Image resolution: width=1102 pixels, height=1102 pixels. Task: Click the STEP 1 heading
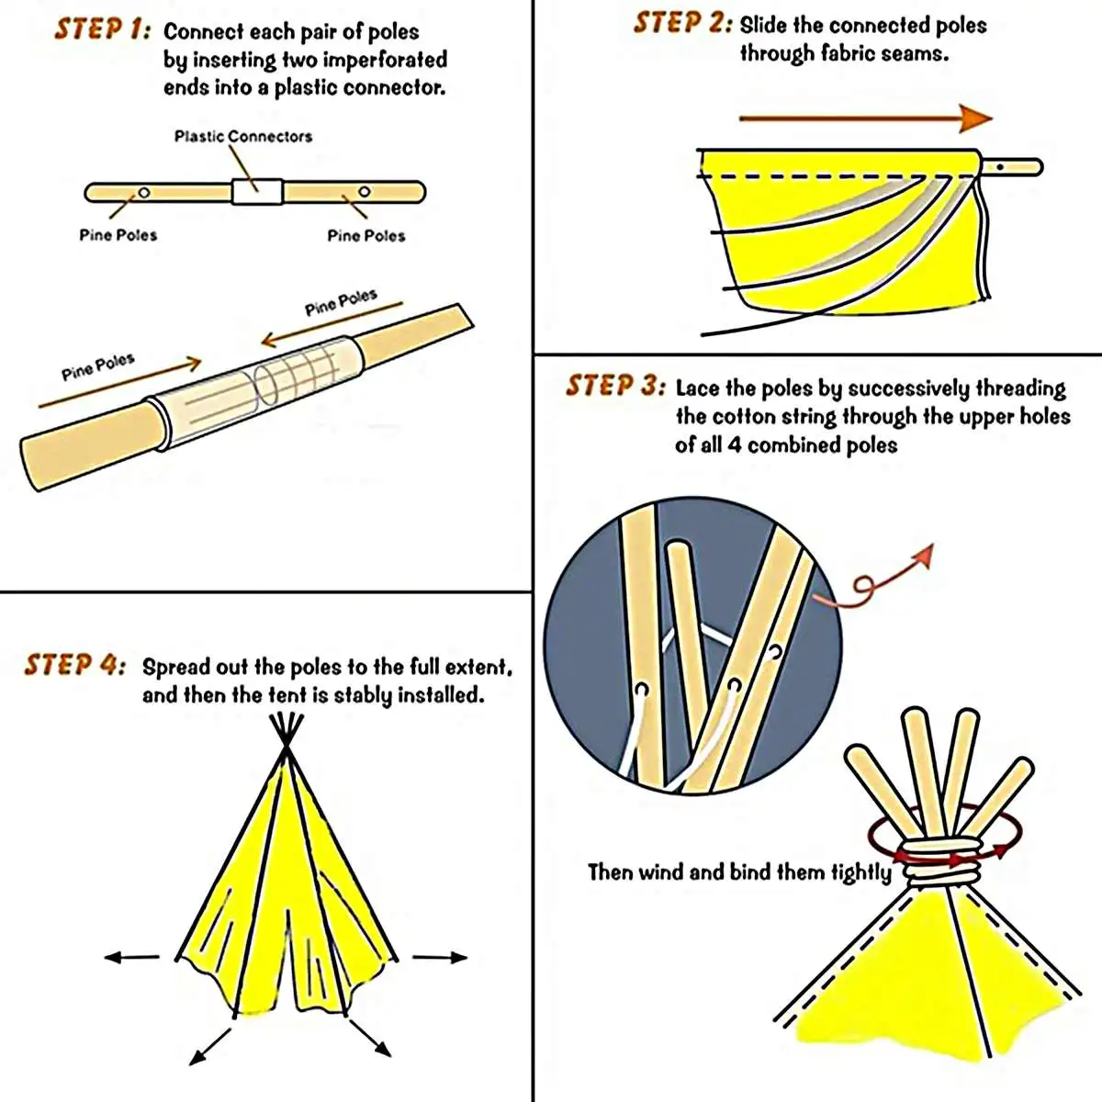pos(102,28)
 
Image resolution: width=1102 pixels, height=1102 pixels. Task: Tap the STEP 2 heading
pos(682,23)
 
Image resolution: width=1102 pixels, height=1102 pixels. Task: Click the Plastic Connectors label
pos(243,137)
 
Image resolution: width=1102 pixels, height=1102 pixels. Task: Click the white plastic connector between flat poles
pos(256,191)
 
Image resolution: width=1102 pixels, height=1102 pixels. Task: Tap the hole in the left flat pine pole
pos(143,192)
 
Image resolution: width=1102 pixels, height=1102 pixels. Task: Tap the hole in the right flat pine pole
pos(364,192)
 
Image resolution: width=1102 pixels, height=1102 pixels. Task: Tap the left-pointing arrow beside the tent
pos(132,957)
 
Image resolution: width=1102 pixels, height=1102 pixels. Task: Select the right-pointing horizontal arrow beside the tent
pos(440,957)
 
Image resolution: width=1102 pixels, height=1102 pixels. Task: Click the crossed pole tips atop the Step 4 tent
pos(287,735)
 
